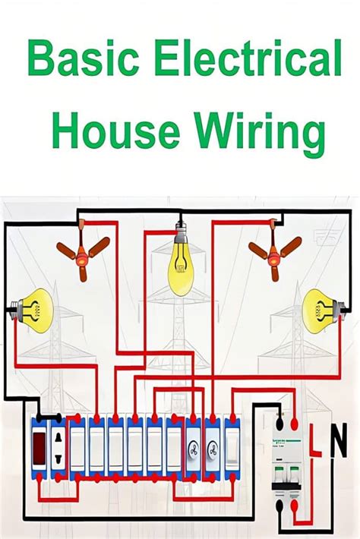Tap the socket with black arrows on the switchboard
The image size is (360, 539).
point(58,452)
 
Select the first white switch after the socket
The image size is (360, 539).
point(78,453)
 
